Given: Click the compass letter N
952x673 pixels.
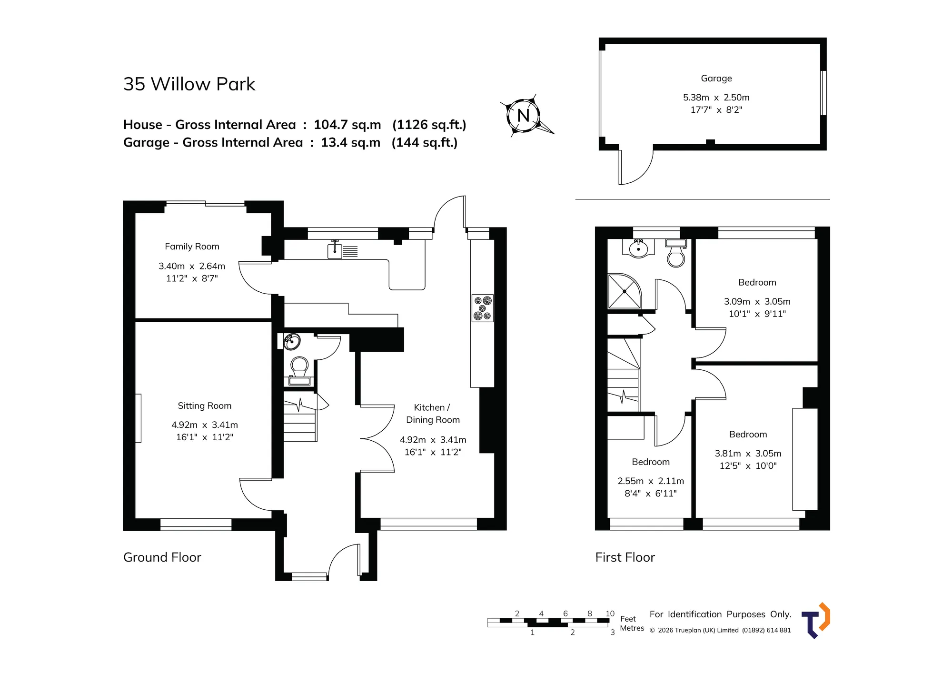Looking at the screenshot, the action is point(523,115).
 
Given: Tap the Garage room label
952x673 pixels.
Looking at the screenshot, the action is point(716,79).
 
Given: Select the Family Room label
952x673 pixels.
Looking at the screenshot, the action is point(192,247).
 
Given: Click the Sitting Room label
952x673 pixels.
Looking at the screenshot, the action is point(205,406).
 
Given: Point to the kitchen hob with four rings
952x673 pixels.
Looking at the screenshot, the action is point(483,308).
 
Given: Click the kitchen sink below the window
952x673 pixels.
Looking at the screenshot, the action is point(342,250).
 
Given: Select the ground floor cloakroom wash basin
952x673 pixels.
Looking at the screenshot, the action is point(292,341).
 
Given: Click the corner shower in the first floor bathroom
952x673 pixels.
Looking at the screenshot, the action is point(625,291).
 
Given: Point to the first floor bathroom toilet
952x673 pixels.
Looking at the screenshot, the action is point(676,253).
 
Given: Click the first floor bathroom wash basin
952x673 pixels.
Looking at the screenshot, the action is point(638,248).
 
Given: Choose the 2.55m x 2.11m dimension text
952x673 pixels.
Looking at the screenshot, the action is point(651,481).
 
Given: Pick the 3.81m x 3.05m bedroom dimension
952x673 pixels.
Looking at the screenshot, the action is point(748,454).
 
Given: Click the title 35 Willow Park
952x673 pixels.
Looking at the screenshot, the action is point(189,84).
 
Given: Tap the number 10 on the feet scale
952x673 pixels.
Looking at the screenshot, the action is point(610,614).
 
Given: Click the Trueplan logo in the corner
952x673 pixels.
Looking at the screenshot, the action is point(816,621).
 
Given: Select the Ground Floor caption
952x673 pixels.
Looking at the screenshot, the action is point(162,557).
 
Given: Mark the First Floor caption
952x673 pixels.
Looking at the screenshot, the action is point(625,557).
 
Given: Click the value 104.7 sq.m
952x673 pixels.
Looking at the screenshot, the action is point(347,125).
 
